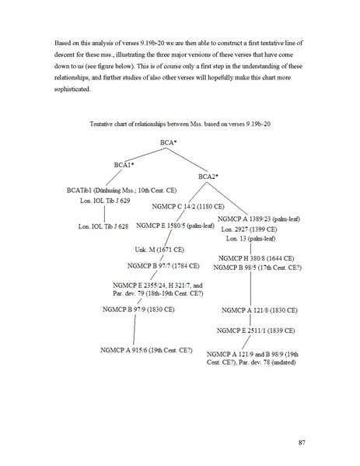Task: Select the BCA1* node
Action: click(124, 165)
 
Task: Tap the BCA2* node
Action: click(208, 177)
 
